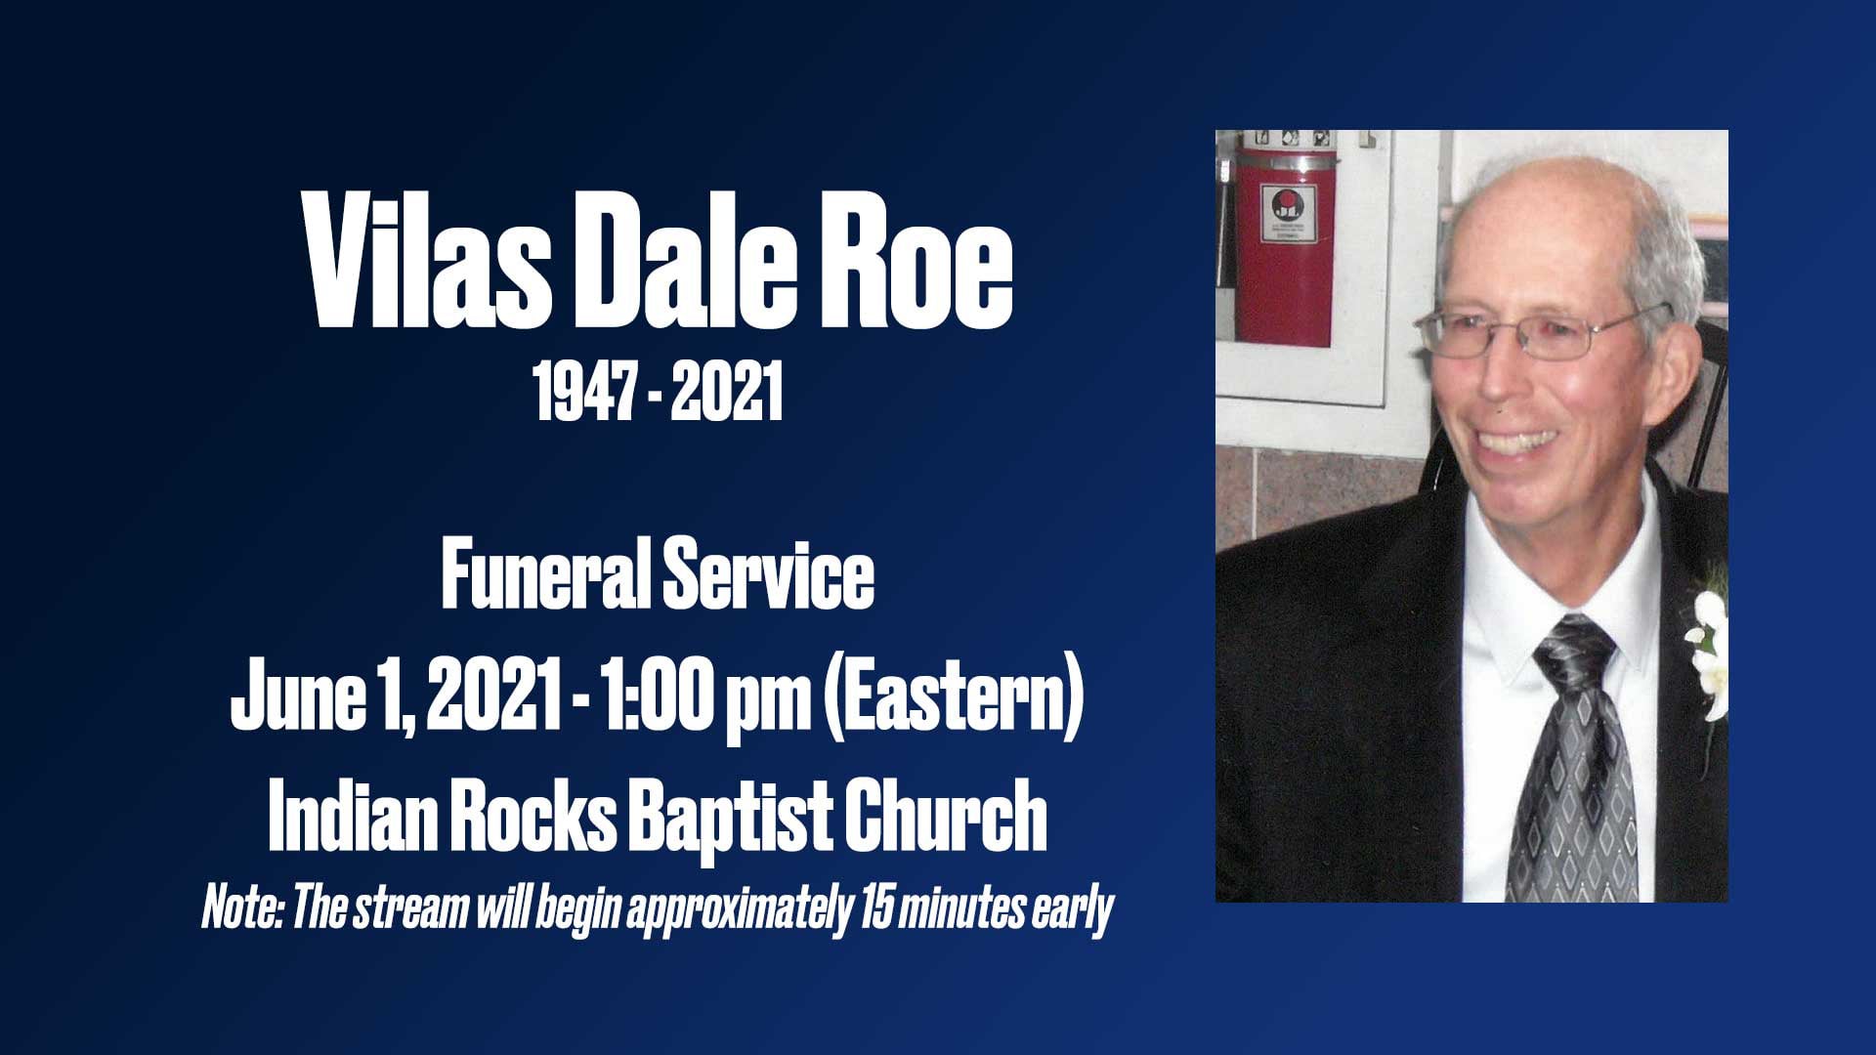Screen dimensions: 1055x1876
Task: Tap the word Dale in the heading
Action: click(678, 265)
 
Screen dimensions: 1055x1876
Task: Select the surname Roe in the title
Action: click(915, 265)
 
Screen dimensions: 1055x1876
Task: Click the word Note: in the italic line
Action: click(242, 908)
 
